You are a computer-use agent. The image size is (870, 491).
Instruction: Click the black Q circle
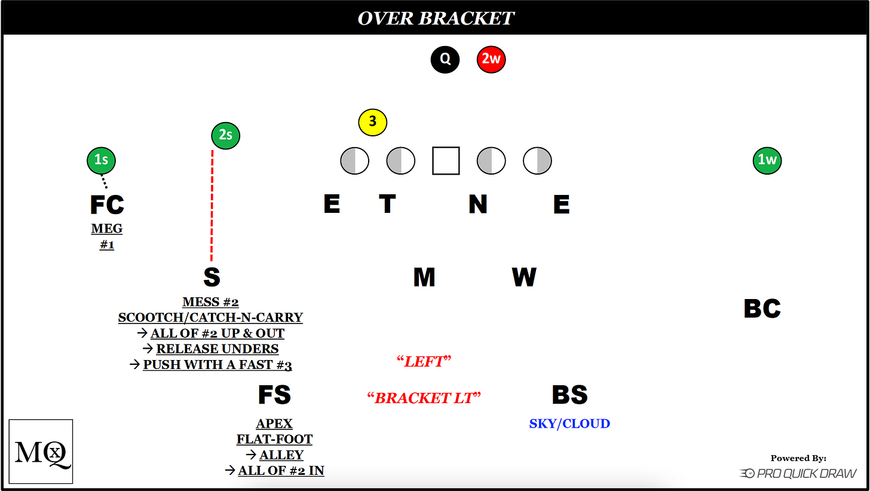(x=445, y=60)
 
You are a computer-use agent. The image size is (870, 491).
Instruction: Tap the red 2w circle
(x=491, y=60)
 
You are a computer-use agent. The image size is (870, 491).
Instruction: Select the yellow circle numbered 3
(x=373, y=122)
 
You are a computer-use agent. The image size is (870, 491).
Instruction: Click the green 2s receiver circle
(x=226, y=135)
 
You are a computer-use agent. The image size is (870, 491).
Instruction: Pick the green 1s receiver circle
(x=101, y=160)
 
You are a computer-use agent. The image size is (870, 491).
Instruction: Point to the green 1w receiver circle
(x=767, y=160)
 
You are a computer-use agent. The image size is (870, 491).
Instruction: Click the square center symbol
(x=446, y=161)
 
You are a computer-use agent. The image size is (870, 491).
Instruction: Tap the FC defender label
(x=107, y=205)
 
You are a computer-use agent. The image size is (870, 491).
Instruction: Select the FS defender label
(x=274, y=395)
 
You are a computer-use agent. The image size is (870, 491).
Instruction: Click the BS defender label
(x=569, y=395)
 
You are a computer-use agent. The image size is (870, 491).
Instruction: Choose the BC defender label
(x=762, y=309)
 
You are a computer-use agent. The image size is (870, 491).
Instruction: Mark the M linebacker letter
(x=424, y=277)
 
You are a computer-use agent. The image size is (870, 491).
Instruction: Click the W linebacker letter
(x=524, y=277)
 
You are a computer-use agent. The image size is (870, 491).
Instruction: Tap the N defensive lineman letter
(x=477, y=205)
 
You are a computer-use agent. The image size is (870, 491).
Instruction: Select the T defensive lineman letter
(x=387, y=205)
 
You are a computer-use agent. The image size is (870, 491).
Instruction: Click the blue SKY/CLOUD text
(x=569, y=424)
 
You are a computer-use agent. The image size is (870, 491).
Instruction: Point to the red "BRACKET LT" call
(x=424, y=398)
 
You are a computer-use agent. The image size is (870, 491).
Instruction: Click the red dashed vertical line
(x=212, y=206)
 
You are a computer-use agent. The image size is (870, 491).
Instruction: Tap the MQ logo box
(x=41, y=452)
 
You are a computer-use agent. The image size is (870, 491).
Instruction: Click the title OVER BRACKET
(x=436, y=18)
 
